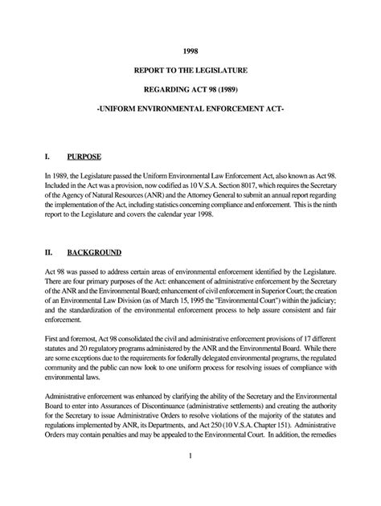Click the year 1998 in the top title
pyautogui.click(x=190, y=48)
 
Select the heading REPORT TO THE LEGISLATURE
pyautogui.click(x=190, y=71)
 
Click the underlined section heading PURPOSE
pyautogui.click(x=86, y=156)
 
